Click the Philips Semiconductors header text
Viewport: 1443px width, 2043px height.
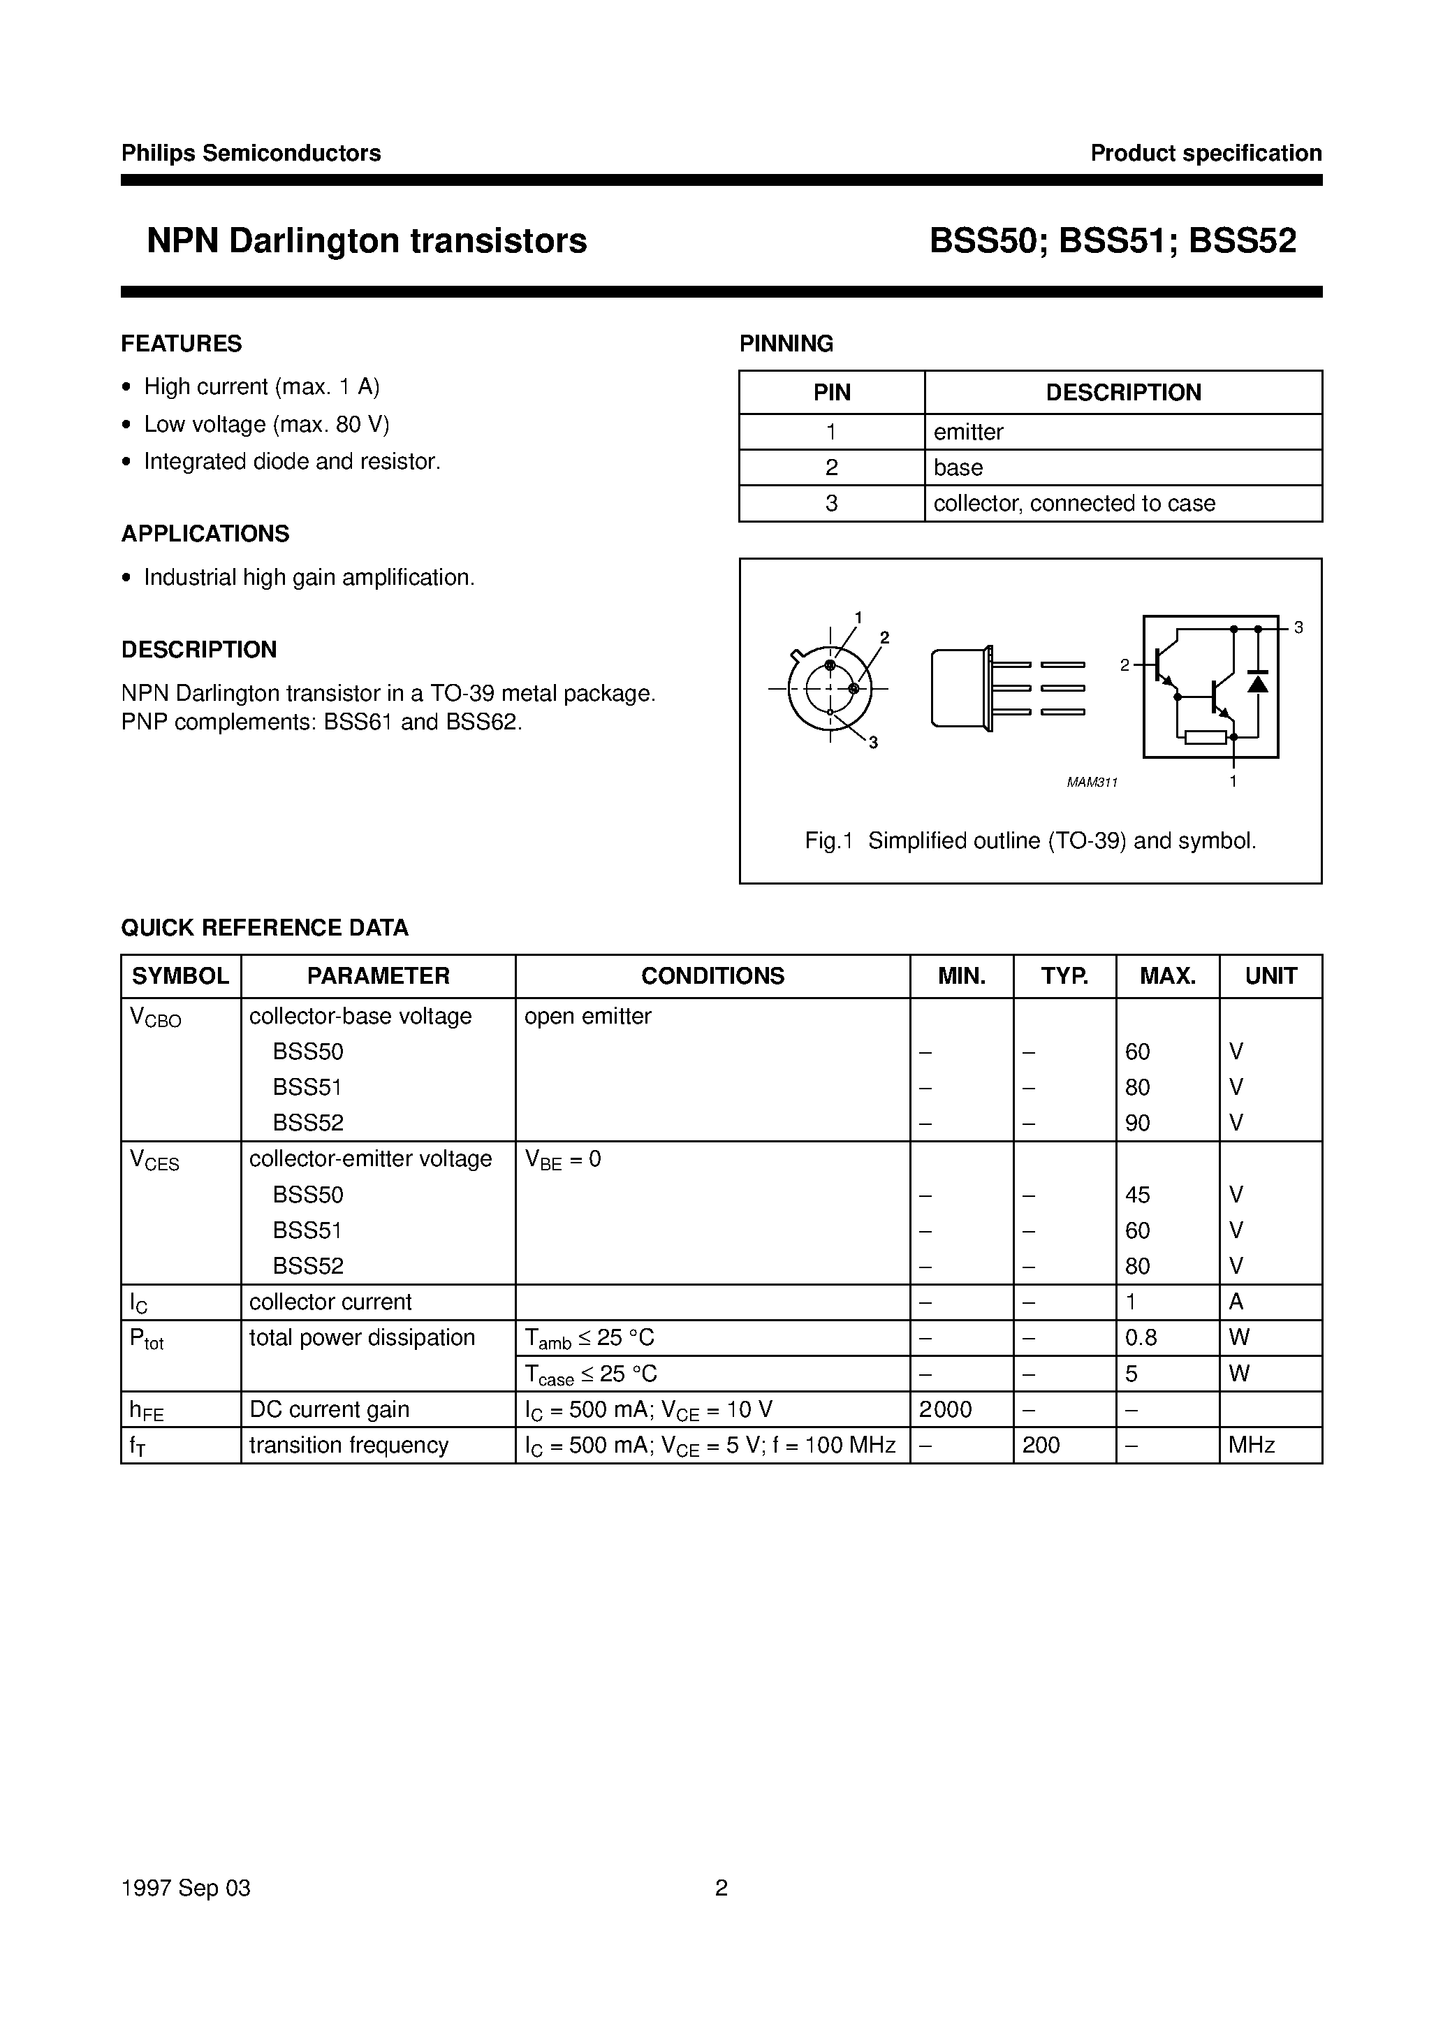(x=251, y=153)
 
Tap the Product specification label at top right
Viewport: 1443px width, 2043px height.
(x=1206, y=153)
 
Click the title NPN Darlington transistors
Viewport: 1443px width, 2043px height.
(x=367, y=241)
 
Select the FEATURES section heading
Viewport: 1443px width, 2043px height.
(x=182, y=344)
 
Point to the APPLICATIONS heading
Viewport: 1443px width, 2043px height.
(x=205, y=534)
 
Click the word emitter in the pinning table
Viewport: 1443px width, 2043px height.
(x=968, y=432)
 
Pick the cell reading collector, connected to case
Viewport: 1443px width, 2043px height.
(x=1074, y=504)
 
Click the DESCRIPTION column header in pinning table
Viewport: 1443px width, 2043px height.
(x=1122, y=393)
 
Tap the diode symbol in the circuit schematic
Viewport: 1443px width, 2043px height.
(x=1257, y=682)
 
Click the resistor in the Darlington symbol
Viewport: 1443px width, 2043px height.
(x=1206, y=736)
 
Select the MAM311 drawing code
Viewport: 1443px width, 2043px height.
(x=1092, y=782)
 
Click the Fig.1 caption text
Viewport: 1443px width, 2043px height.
(x=1030, y=841)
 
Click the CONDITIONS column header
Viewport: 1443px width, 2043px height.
(x=712, y=976)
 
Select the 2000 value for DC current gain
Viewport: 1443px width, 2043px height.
(x=945, y=1409)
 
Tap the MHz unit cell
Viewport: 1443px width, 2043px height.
(x=1252, y=1445)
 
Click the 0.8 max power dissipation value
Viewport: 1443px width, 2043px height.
(x=1141, y=1337)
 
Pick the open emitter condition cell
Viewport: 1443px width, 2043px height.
(x=588, y=1016)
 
